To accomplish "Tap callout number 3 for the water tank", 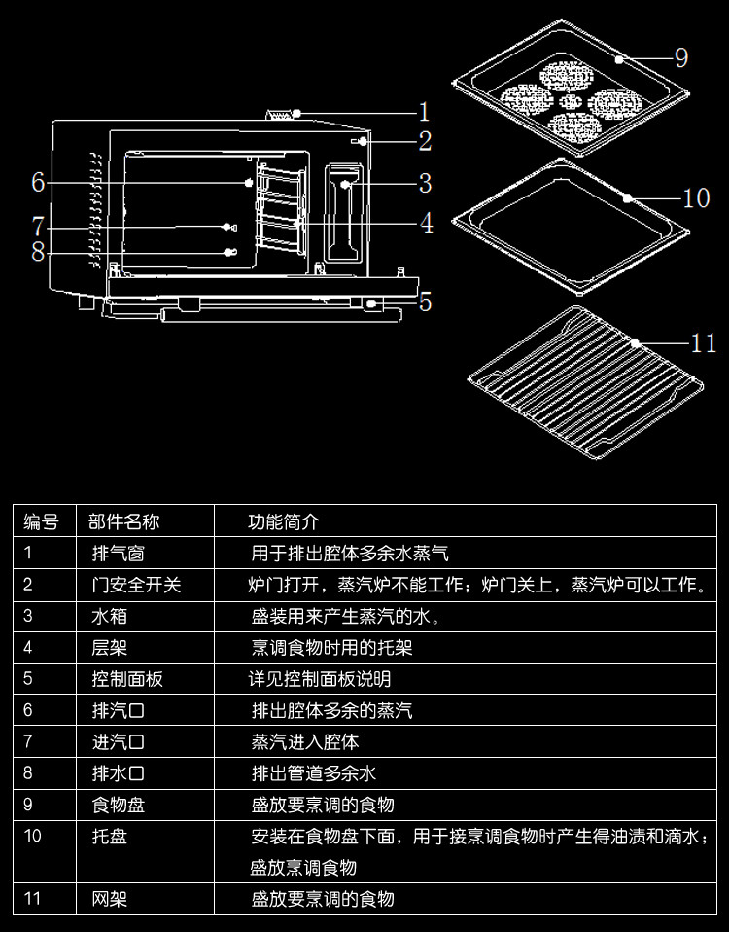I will point(425,183).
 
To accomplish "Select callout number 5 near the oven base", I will point(425,302).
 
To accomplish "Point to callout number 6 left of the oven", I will point(38,182).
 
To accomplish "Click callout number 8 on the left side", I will point(38,252).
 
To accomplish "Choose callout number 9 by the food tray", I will point(680,58).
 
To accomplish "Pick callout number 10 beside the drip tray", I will point(696,198).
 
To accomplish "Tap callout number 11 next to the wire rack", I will point(703,342).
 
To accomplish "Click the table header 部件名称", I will point(123,521).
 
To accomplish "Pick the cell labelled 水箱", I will point(109,616).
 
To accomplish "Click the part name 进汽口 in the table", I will point(118,741).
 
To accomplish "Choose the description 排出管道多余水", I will point(313,773).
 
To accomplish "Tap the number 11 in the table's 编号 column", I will point(33,898).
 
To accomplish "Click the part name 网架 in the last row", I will point(109,898).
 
